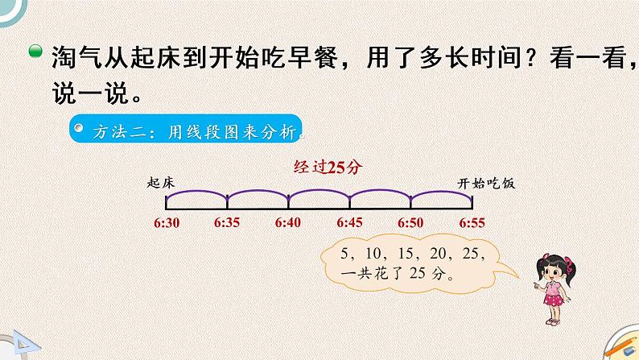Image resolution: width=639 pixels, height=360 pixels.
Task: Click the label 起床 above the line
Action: click(x=162, y=183)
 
